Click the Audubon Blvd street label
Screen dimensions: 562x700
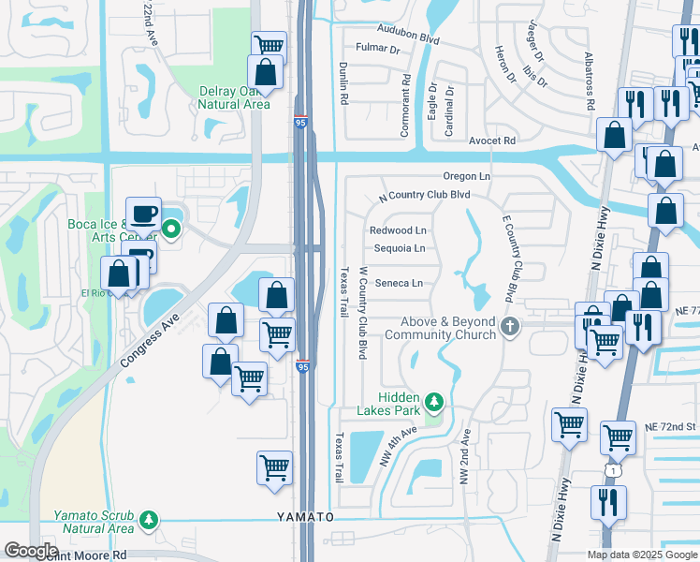tap(403, 40)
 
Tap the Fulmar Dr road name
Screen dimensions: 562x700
tap(378, 49)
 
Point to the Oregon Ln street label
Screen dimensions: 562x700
tap(467, 176)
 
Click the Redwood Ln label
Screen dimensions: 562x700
tap(398, 229)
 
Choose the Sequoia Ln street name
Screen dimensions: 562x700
tap(400, 248)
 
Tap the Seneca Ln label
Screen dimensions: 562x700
tap(398, 283)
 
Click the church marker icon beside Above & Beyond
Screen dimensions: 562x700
tap(510, 327)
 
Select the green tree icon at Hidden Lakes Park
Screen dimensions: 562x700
tap(433, 402)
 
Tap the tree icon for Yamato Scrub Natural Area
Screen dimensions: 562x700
tap(148, 519)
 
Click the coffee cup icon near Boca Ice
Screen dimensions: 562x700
tap(143, 213)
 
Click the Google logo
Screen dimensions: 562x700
tap(31, 551)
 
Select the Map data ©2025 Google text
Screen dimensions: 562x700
tap(642, 555)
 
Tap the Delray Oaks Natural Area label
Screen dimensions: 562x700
tap(234, 98)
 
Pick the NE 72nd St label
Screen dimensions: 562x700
tap(670, 425)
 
